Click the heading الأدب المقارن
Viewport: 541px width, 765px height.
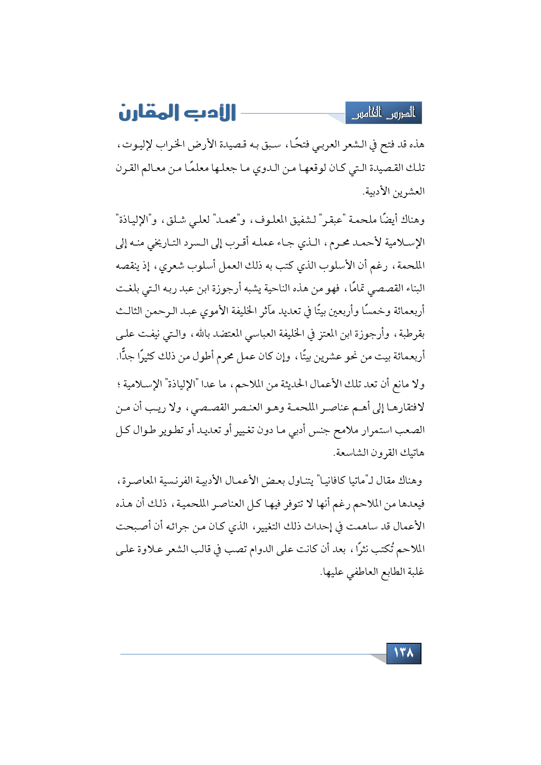177,113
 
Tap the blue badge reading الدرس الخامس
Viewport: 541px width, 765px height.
384,113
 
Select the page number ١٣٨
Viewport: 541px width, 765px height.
404,653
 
